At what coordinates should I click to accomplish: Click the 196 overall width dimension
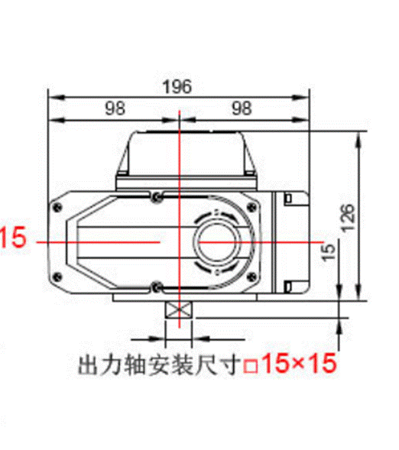177,86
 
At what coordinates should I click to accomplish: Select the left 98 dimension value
114,108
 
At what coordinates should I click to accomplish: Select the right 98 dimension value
241,108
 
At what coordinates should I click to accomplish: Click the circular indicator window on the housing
221,242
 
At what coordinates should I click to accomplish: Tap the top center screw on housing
156,196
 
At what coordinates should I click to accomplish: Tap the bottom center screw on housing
156,287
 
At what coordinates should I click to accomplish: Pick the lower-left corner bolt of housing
56,278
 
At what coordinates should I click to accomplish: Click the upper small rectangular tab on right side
288,199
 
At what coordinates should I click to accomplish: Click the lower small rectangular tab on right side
288,286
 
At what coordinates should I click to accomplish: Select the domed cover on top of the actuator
184,153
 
